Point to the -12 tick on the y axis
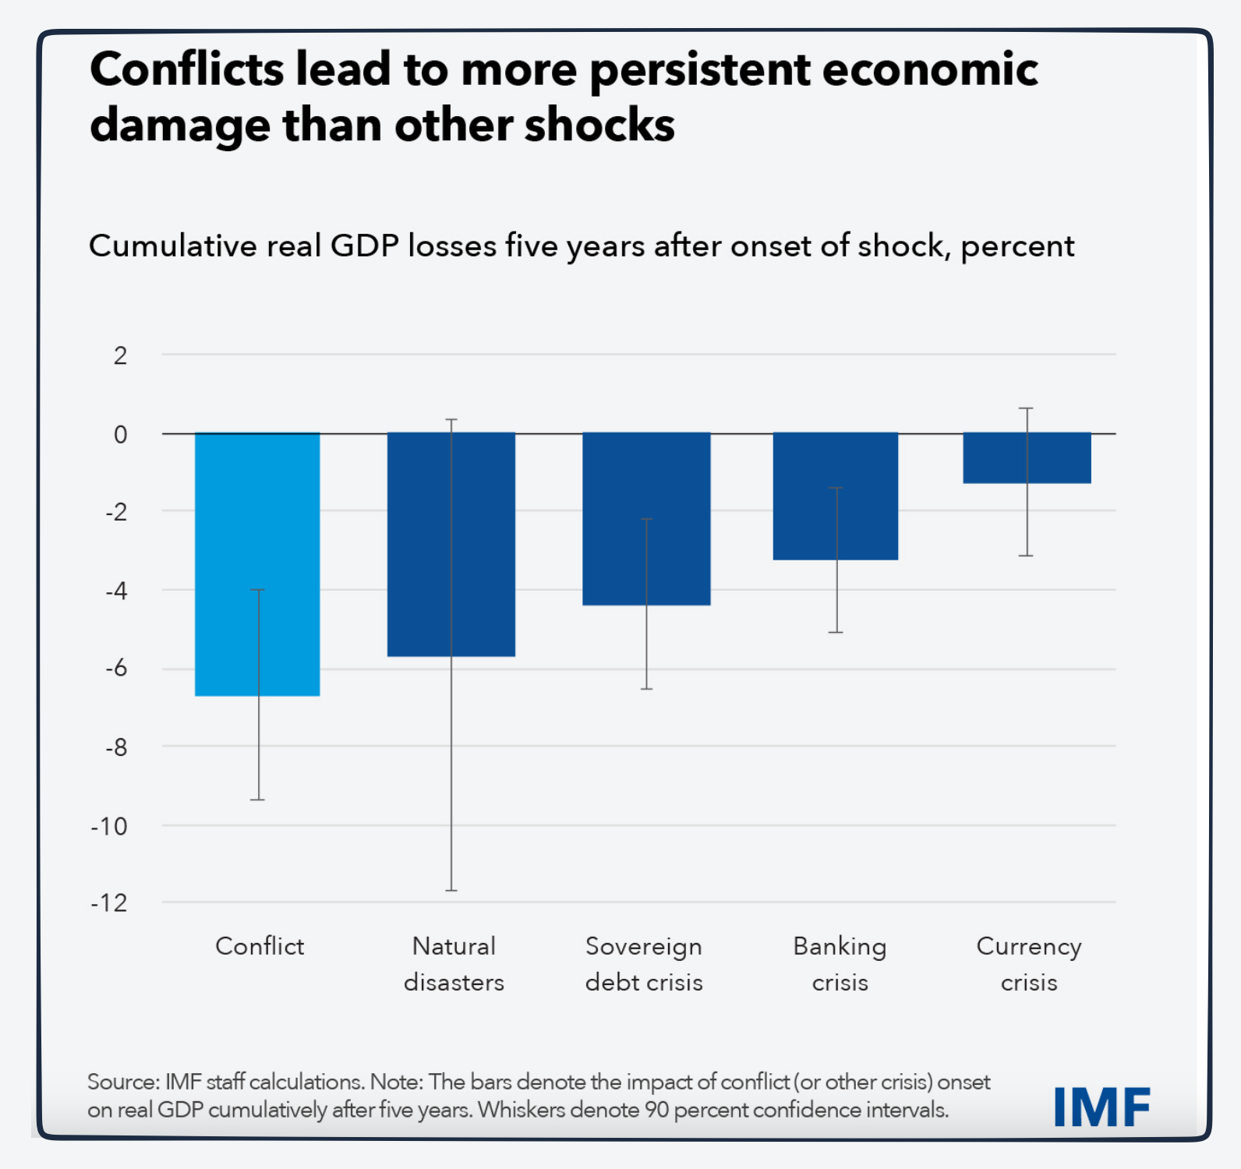110,903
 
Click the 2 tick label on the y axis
120,356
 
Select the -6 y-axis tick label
116,669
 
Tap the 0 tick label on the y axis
120,434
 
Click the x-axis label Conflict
260,946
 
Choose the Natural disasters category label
454,964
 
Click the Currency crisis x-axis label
1029,964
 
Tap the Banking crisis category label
840,964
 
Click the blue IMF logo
1101,1107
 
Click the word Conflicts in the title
187,70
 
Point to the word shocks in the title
599,126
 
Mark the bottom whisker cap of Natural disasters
451,890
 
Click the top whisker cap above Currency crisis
1027,408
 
